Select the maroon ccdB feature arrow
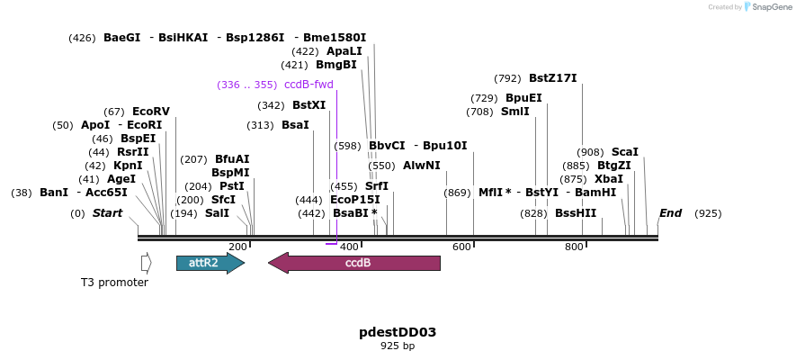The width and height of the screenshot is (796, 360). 354,263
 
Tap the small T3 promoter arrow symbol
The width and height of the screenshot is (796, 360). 146,263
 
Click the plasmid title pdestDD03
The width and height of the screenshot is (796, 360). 398,332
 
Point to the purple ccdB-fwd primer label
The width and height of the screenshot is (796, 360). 309,85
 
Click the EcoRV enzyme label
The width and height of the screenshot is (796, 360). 150,112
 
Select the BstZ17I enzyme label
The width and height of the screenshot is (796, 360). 552,78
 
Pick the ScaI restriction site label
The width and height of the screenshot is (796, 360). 624,152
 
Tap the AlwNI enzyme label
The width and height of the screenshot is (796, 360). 421,166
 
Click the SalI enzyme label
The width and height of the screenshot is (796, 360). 217,213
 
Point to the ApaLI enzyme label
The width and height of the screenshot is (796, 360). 344,51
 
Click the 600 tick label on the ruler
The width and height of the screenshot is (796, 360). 462,247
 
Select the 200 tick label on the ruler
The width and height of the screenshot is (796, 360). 237,247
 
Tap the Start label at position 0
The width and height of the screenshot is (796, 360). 107,213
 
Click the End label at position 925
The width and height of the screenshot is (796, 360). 670,213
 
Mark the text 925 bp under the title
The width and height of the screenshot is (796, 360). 398,346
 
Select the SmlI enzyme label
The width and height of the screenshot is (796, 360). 515,112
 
